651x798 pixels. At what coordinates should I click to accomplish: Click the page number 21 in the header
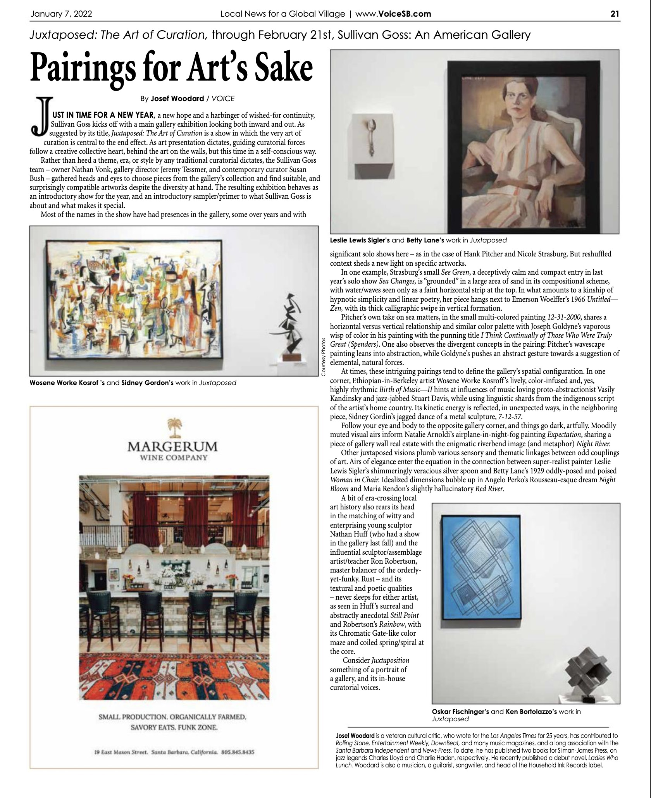(615, 14)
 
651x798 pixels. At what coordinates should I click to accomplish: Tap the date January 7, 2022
(61, 14)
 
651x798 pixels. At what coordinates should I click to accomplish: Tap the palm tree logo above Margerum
(173, 428)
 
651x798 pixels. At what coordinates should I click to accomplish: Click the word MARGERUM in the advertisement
(173, 447)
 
